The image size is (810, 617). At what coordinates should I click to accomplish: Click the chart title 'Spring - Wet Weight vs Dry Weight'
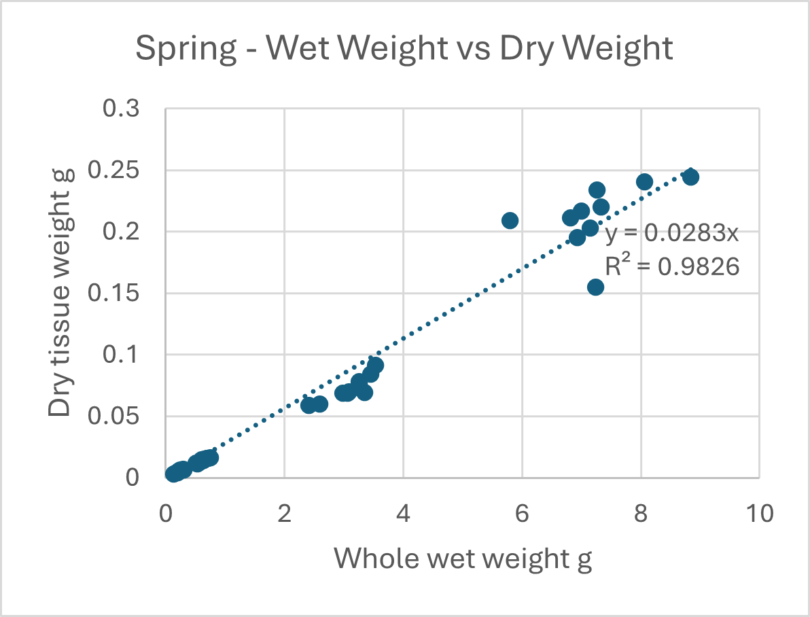(x=404, y=49)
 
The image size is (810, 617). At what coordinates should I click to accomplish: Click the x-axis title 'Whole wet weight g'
(x=463, y=559)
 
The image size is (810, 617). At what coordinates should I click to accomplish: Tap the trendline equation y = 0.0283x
(x=670, y=234)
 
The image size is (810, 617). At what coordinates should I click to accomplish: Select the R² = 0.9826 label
(x=671, y=268)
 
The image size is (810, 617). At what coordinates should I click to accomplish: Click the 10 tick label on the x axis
(x=758, y=514)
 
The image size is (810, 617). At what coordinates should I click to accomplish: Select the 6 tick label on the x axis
(x=522, y=514)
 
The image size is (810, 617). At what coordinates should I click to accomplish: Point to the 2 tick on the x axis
(x=285, y=514)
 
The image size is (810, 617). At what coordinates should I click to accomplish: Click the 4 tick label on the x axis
(x=404, y=514)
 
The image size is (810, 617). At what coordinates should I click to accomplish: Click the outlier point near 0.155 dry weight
(x=595, y=287)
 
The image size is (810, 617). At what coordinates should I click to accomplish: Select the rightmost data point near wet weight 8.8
(x=690, y=177)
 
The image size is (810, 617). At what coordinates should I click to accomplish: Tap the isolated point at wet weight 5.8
(x=510, y=220)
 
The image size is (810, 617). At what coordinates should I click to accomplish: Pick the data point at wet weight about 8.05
(x=644, y=181)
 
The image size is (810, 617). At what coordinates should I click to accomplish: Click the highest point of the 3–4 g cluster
(x=375, y=365)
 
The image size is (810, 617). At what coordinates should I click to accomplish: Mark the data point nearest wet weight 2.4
(x=309, y=405)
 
